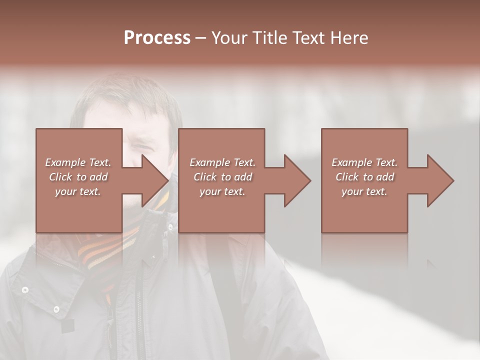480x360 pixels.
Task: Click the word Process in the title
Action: (157, 38)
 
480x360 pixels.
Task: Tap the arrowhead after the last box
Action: (439, 180)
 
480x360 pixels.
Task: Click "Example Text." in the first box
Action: (78, 162)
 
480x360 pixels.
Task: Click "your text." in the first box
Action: (78, 191)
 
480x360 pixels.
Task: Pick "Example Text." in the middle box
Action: (222, 162)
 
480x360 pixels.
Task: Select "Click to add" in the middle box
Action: (222, 177)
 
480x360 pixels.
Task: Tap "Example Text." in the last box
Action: (364, 162)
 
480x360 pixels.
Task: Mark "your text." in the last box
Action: (364, 191)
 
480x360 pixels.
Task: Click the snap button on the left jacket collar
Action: (24, 289)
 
